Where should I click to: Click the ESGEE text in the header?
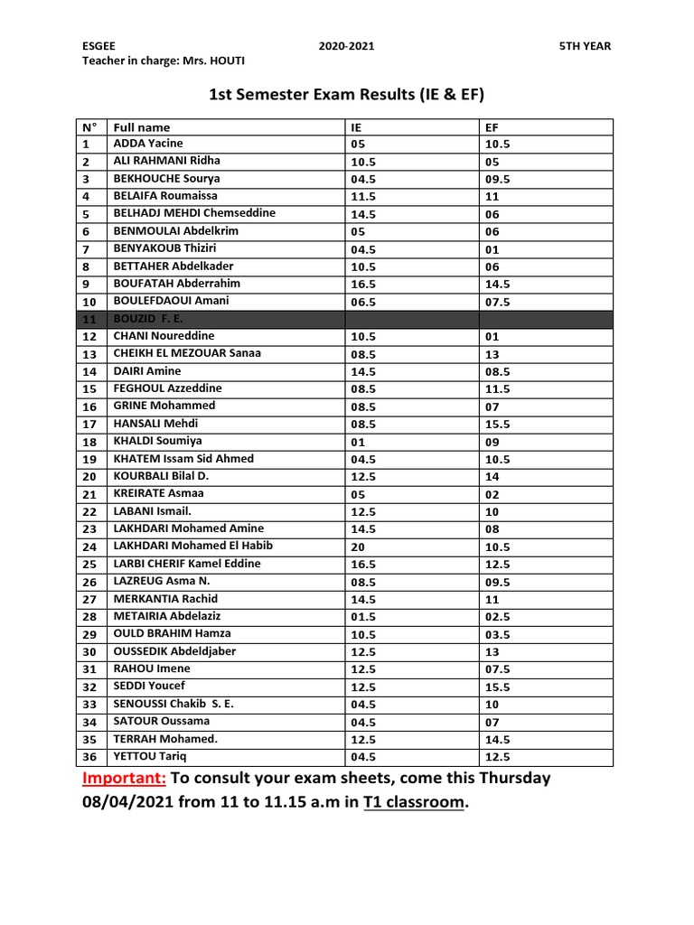tap(98, 46)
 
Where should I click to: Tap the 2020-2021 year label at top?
tap(347, 46)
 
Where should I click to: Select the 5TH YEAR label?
tap(585, 46)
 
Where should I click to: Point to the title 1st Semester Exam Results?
tap(340, 95)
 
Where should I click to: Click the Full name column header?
tap(142, 127)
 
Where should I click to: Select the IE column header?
tap(356, 127)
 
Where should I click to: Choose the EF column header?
tap(492, 127)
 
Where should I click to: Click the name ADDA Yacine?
tap(148, 144)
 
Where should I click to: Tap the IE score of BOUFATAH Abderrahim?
tap(363, 284)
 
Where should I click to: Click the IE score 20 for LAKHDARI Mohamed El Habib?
tap(358, 547)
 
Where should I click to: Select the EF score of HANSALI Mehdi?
tap(498, 424)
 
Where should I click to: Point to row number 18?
tap(89, 442)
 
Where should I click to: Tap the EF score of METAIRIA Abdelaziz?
tap(498, 617)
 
